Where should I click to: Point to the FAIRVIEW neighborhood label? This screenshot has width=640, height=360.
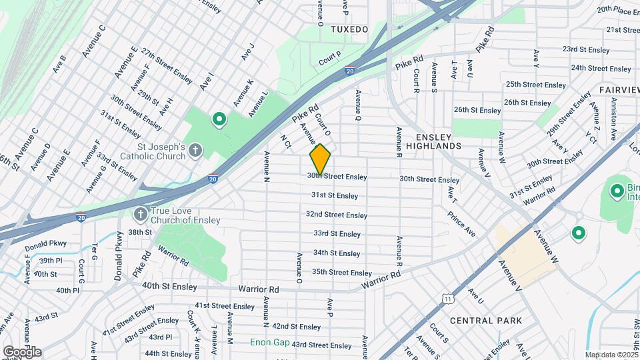[619, 89]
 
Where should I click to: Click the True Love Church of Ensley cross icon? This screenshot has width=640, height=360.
[140, 215]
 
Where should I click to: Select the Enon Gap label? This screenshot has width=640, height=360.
[269, 343]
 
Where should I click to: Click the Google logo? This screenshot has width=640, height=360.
[22, 351]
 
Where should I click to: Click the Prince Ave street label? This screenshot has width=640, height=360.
[461, 224]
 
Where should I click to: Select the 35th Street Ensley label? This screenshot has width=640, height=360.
[341, 273]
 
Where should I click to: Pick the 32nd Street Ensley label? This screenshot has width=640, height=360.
[336, 215]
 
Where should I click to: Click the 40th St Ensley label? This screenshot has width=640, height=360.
[169, 287]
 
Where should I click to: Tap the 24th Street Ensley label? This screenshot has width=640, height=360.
[601, 68]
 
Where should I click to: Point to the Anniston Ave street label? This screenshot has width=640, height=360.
[613, 117]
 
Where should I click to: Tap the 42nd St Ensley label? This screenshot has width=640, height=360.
[297, 327]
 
